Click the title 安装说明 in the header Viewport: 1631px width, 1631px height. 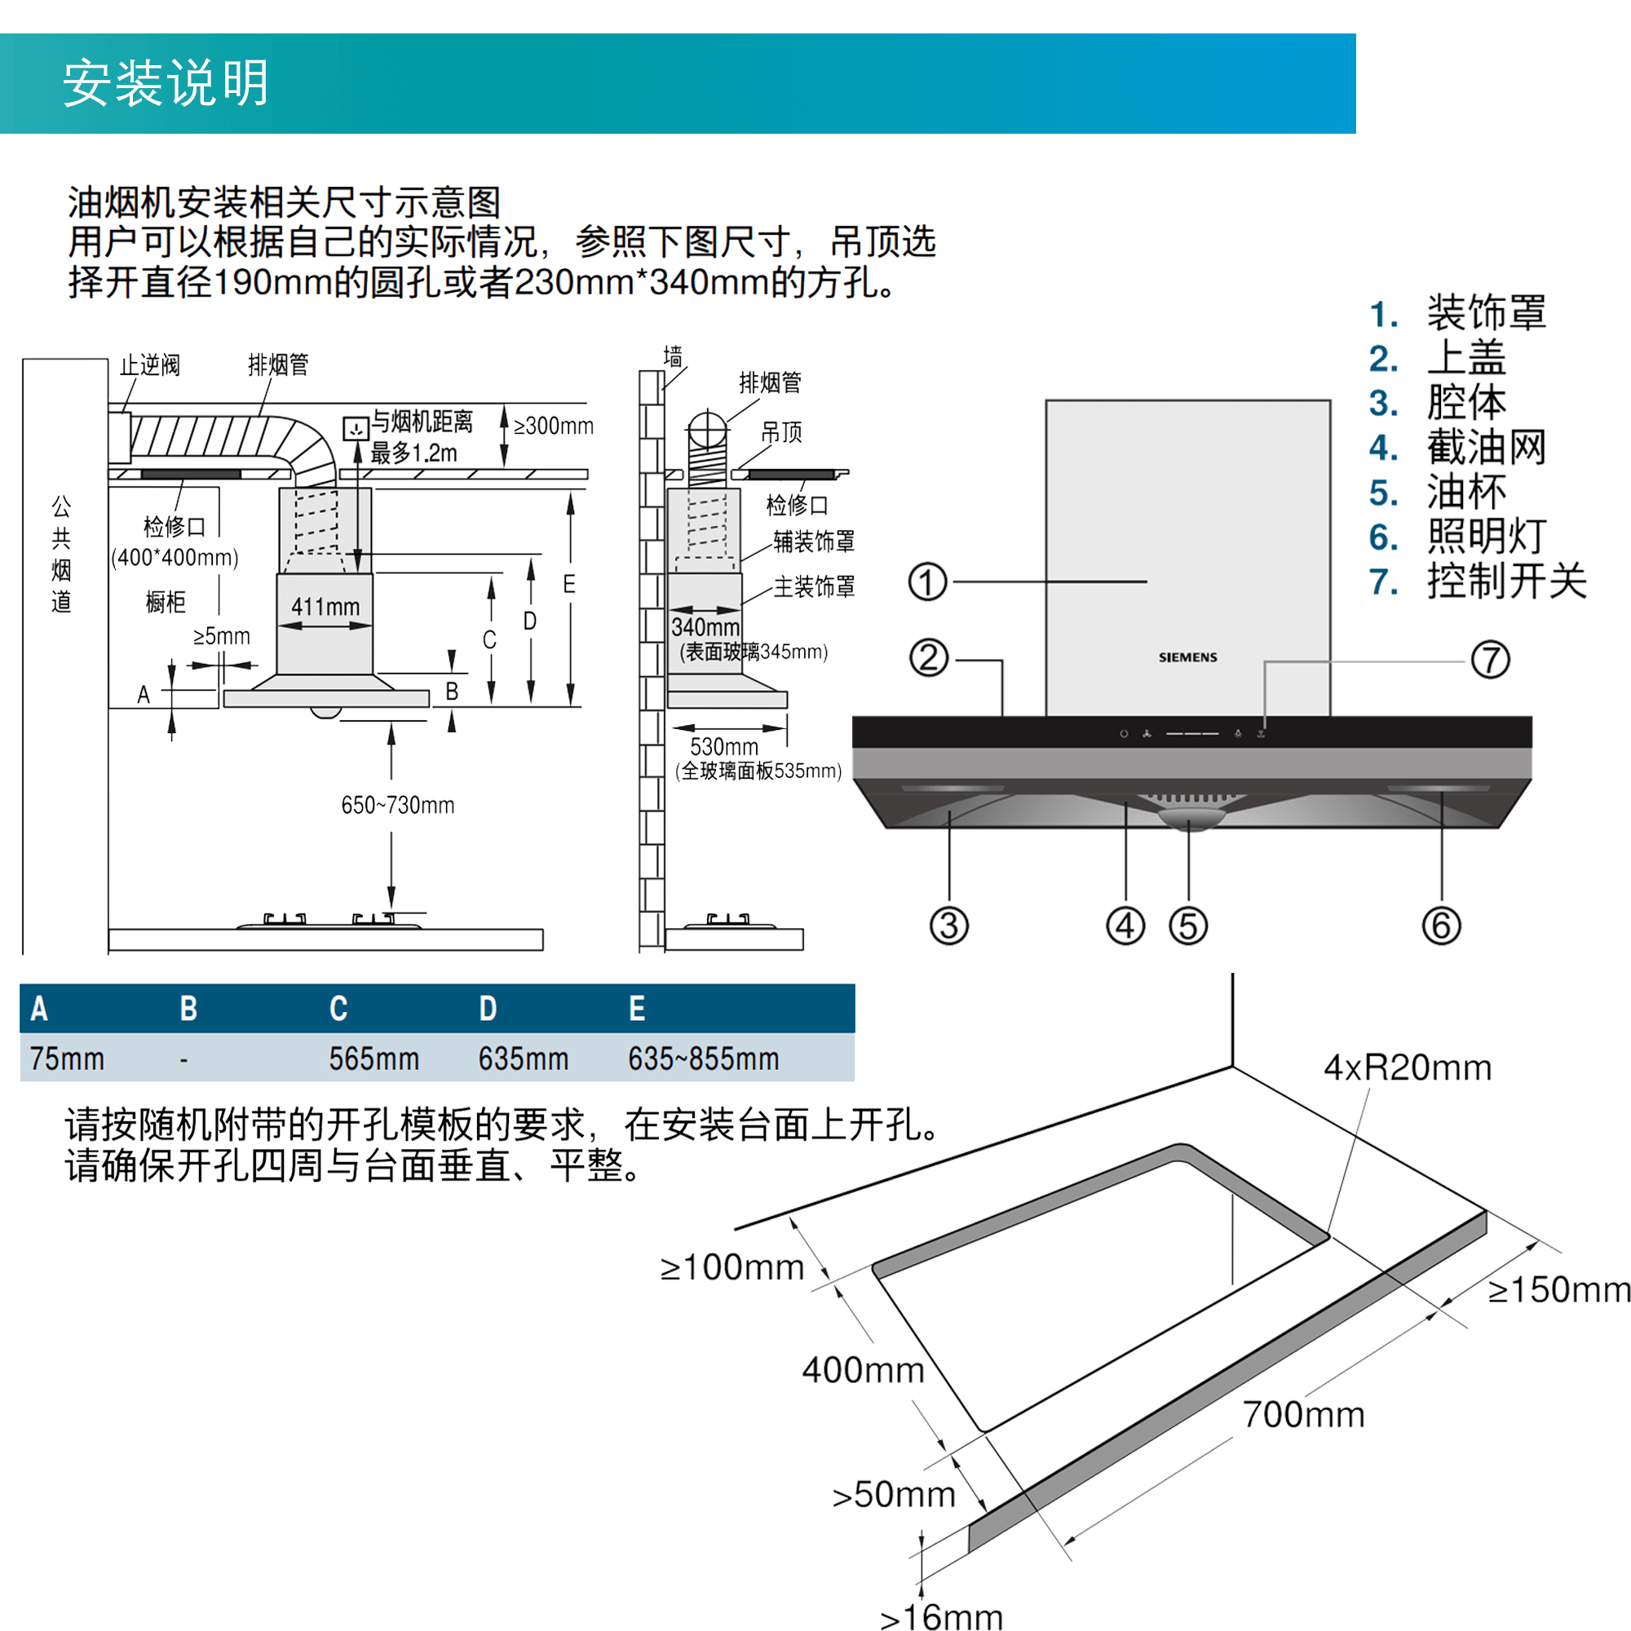[x=166, y=82]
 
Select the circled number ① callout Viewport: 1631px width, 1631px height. [x=927, y=581]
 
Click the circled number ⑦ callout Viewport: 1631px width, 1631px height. [x=1490, y=659]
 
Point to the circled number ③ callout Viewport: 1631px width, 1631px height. [x=949, y=926]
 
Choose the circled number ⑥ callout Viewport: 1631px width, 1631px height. [x=1441, y=926]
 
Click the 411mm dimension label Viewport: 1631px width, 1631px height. [x=325, y=607]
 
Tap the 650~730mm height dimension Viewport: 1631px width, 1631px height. [x=398, y=806]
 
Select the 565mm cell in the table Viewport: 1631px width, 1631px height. [x=374, y=1059]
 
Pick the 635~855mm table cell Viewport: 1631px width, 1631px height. [x=703, y=1059]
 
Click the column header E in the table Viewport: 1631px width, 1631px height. [x=637, y=1008]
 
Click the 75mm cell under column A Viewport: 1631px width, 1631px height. [x=67, y=1059]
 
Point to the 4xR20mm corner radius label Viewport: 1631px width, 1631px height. [x=1408, y=1068]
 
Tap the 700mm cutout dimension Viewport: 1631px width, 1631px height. [x=1303, y=1415]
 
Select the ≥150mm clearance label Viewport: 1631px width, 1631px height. [x=1558, y=1290]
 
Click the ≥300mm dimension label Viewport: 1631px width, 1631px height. [x=553, y=427]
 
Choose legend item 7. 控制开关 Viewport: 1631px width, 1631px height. [x=1478, y=581]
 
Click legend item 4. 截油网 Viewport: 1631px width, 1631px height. [x=1457, y=448]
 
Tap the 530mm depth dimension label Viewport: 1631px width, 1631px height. [x=723, y=747]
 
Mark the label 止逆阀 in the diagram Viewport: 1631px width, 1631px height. [x=149, y=365]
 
